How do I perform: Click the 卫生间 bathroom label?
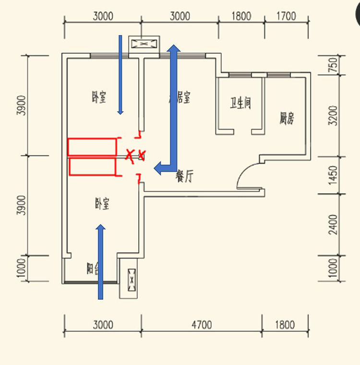[x=240, y=103]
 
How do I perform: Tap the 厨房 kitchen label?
[x=287, y=118]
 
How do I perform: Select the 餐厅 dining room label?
[x=184, y=177]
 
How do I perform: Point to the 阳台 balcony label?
[x=93, y=269]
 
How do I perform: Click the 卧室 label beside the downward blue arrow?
[x=99, y=98]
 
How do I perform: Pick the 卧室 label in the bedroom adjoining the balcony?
[x=102, y=204]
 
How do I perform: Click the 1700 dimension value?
[x=287, y=16]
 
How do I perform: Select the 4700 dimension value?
[x=201, y=325]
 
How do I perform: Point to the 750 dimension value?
[x=334, y=64]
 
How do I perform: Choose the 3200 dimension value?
[x=334, y=115]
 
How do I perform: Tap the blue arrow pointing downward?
[x=120, y=74]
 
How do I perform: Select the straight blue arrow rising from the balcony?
[x=100, y=261]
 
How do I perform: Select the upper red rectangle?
[x=92, y=147]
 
